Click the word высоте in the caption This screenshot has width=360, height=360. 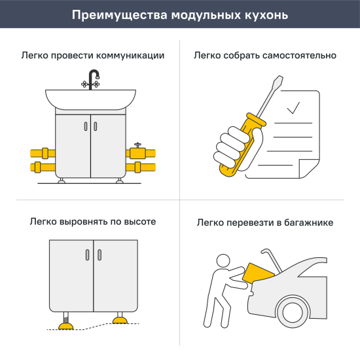point(140,222)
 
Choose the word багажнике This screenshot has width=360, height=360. point(306,223)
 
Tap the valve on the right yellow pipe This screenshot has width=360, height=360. point(137,148)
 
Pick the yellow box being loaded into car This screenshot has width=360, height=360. point(255,276)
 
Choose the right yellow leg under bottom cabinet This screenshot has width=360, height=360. point(120,319)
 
